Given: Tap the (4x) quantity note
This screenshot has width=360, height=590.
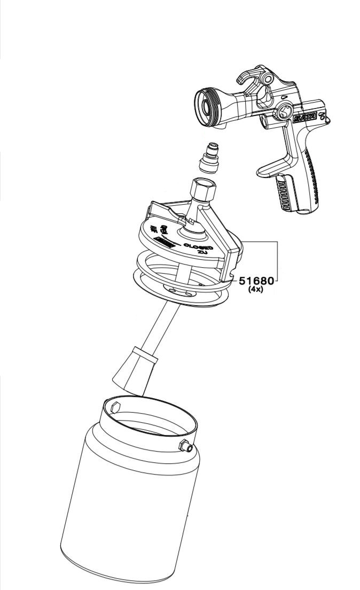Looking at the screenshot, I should click(256, 290).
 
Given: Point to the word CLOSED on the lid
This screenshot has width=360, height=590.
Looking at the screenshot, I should click(198, 247).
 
